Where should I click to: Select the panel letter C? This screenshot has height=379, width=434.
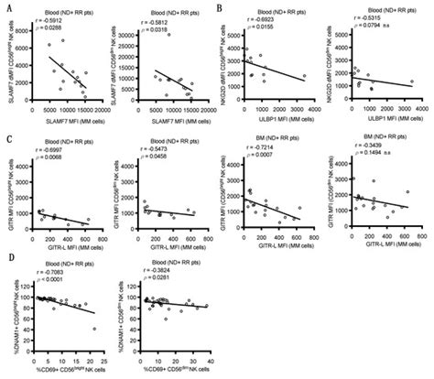pyautogui.click(x=6, y=137)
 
